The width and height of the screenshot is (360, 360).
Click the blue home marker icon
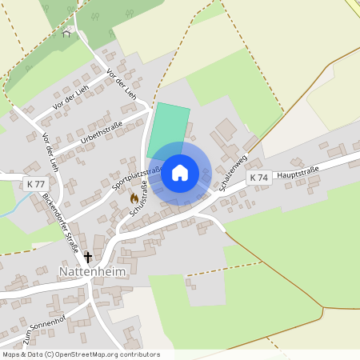[x=180, y=173]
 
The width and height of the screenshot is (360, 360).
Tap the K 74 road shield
[x=258, y=177]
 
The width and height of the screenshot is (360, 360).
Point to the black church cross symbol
[x=87, y=257]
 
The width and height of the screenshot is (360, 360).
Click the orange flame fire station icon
[x=134, y=198]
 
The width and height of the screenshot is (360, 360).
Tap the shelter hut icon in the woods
[x=69, y=32]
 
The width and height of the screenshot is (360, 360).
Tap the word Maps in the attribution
[x=11, y=354]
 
